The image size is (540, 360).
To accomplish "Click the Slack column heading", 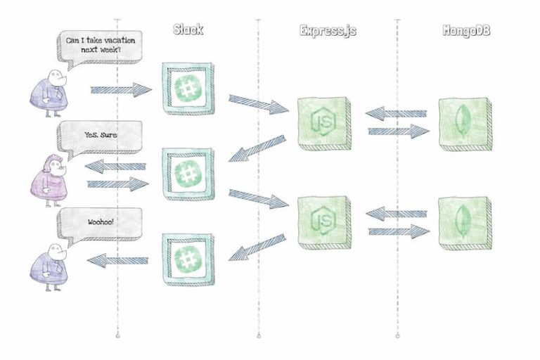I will pyautogui.click(x=188, y=30).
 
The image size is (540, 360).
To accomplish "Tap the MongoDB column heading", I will pyautogui.click(x=466, y=30).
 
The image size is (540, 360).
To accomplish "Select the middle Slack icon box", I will pyautogui.click(x=188, y=174).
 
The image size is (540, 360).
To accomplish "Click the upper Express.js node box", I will pyautogui.click(x=323, y=123).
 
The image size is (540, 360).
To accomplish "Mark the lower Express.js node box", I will pyautogui.click(x=323, y=221).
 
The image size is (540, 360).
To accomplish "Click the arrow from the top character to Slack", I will pyautogui.click(x=121, y=89).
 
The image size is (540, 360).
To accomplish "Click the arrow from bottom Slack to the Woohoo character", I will pyautogui.click(x=117, y=261).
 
